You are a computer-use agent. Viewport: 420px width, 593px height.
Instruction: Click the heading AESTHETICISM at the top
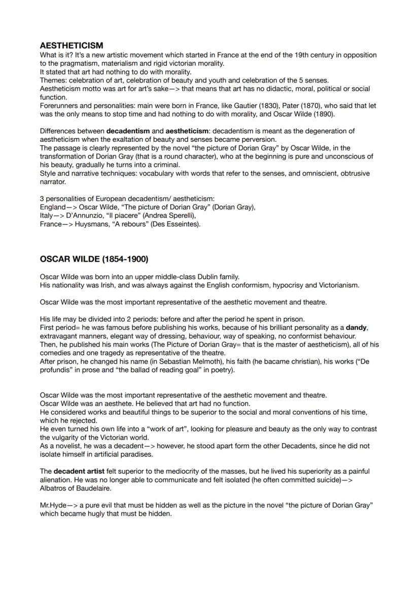[x=71, y=46]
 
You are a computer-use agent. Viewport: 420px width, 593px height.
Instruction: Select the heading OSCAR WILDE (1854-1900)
[x=94, y=259]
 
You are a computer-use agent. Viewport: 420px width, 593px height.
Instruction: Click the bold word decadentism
[x=128, y=131]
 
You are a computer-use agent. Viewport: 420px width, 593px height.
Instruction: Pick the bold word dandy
[x=357, y=328]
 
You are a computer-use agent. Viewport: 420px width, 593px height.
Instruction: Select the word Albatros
[x=55, y=489]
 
